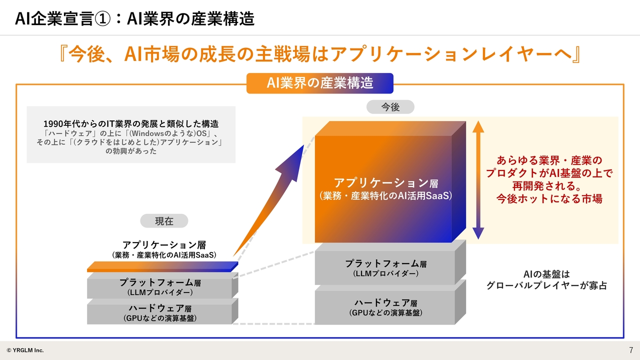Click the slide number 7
point(630,349)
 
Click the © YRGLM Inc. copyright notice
point(25,350)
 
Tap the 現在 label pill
point(164,220)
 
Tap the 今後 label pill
point(390,107)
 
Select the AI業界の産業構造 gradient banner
point(320,83)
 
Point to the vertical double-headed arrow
point(478,180)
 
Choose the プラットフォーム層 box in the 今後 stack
point(385,267)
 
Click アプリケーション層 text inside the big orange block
point(385,183)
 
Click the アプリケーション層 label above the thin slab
point(164,245)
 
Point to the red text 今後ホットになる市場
point(549,198)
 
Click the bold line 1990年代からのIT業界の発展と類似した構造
point(131,123)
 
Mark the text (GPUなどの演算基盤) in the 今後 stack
point(385,313)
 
